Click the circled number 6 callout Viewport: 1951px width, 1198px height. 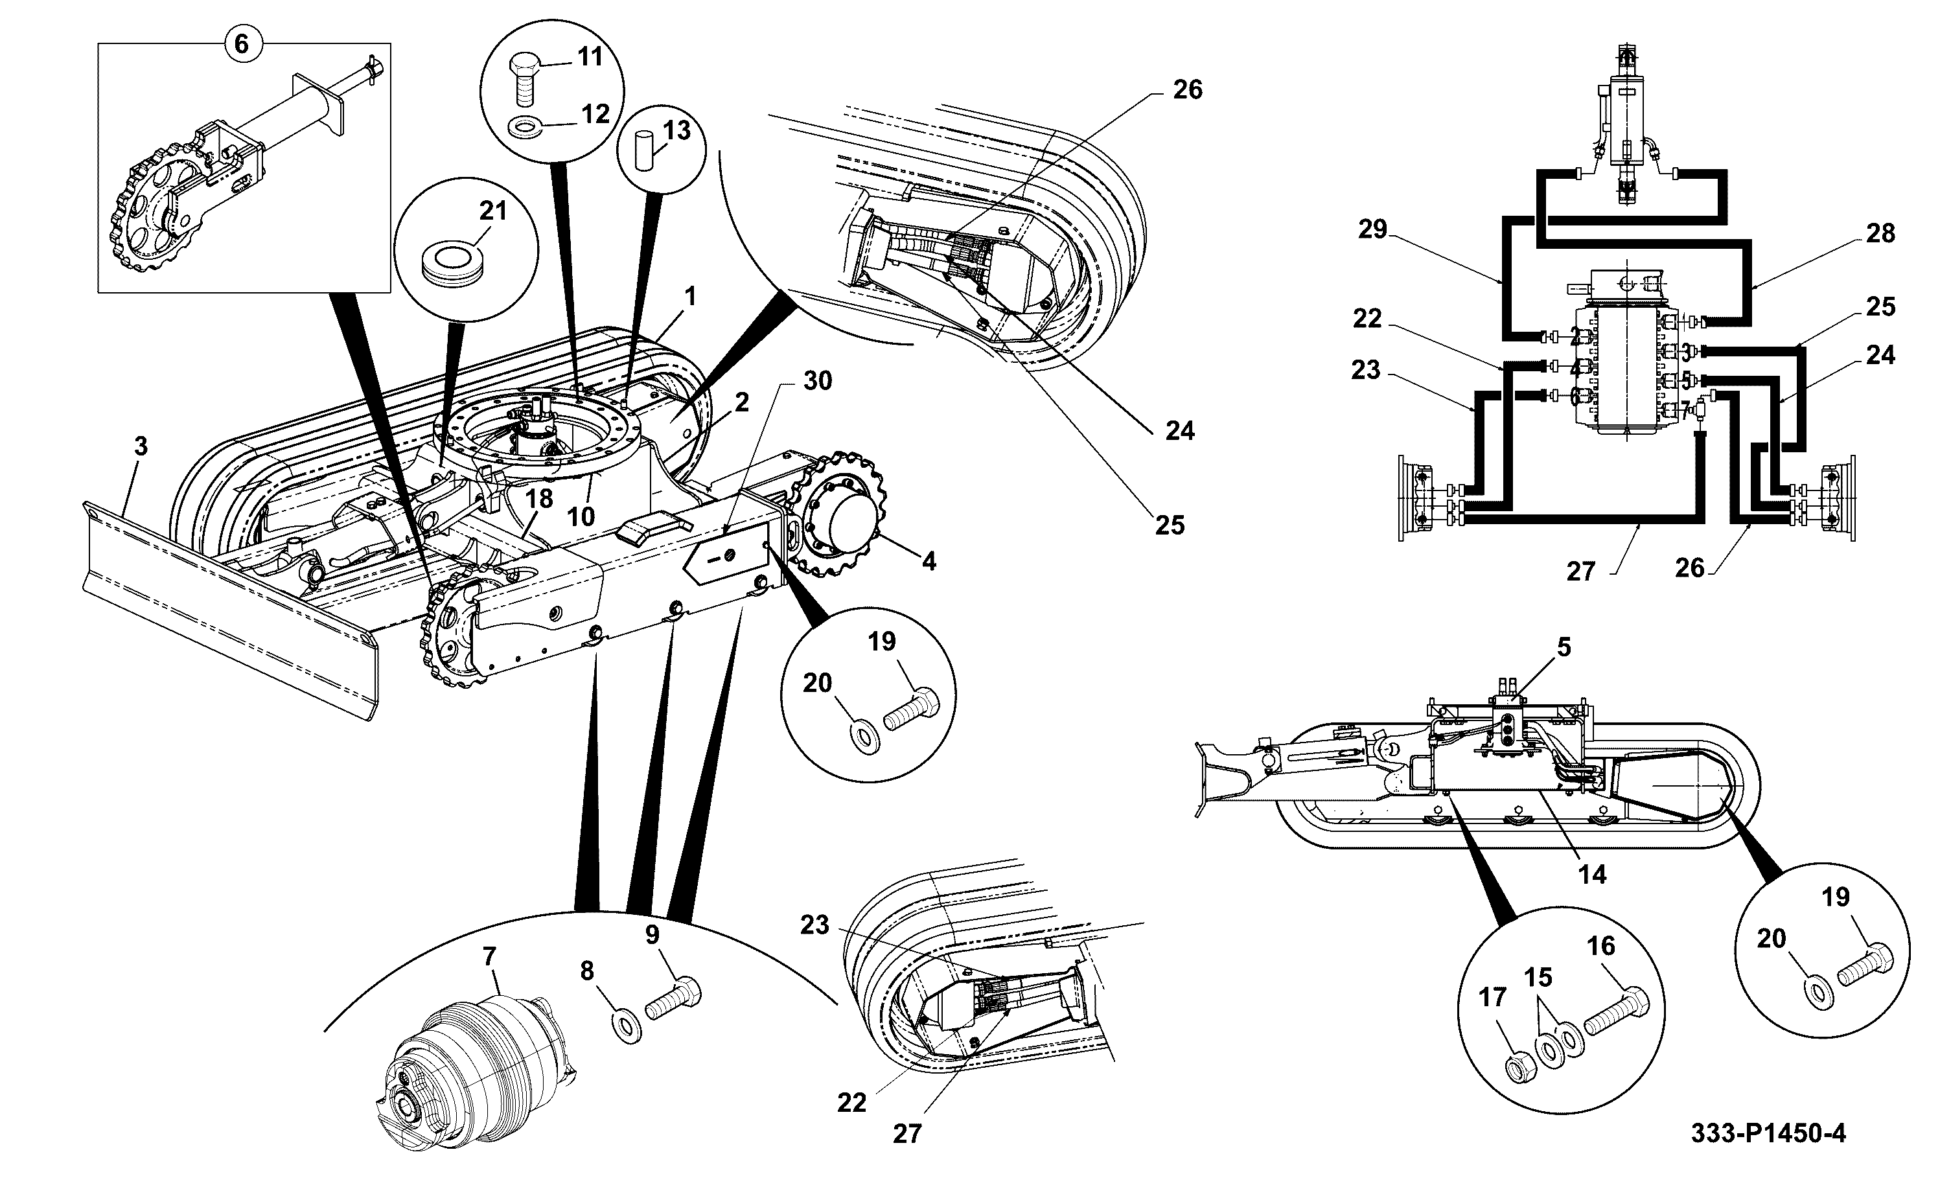[x=242, y=43]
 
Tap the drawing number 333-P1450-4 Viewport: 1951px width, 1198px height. [x=1768, y=1134]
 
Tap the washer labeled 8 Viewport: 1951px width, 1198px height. [x=627, y=1027]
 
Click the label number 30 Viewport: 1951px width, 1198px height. [x=818, y=381]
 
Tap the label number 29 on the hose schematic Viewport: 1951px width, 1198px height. [x=1373, y=230]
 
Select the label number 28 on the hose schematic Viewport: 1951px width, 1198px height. [x=1880, y=234]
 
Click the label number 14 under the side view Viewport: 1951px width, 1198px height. [x=1592, y=875]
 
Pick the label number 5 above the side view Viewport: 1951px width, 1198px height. [x=1564, y=647]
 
